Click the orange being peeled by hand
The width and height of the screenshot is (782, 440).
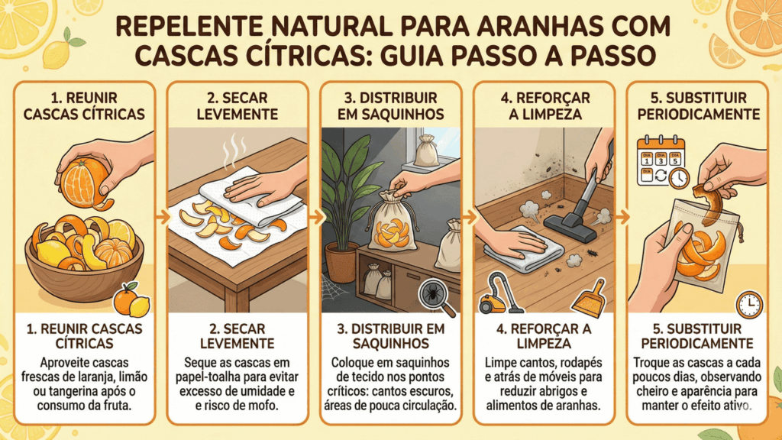[x=84, y=182]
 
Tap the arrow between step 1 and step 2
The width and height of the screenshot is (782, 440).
[x=161, y=217]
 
